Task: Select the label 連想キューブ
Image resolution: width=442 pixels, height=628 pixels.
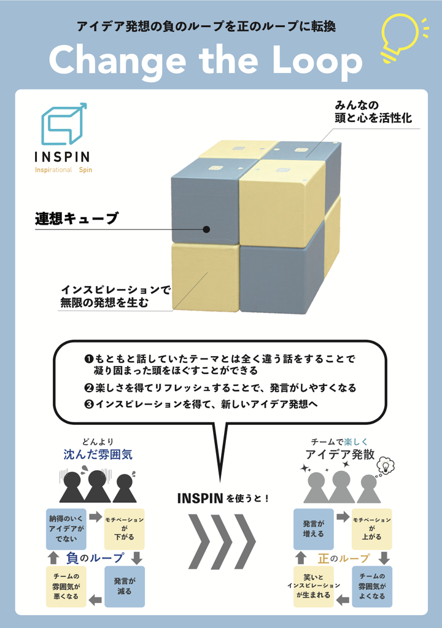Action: tap(76, 219)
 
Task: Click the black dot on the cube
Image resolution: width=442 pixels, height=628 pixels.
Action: tap(206, 229)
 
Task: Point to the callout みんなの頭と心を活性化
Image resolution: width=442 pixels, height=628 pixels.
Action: tap(373, 111)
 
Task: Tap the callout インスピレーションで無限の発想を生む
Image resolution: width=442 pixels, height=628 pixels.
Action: tap(114, 296)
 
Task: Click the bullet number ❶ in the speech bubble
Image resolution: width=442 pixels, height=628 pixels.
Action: tap(88, 359)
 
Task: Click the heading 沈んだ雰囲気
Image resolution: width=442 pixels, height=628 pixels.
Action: tap(98, 455)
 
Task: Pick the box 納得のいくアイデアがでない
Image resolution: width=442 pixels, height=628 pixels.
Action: tap(66, 529)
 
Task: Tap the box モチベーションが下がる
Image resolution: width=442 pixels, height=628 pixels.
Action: tap(124, 528)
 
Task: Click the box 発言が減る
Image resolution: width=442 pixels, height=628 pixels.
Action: tap(125, 586)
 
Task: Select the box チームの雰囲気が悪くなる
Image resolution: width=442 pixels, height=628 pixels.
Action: tap(66, 586)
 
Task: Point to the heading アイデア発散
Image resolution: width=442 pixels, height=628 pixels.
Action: tap(340, 455)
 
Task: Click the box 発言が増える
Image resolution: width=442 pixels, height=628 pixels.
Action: tap(314, 529)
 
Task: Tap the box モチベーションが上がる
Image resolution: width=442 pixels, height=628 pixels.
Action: tap(371, 529)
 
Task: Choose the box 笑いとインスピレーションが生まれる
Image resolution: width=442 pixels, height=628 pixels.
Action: tap(314, 586)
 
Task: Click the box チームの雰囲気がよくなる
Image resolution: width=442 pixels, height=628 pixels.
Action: tap(371, 586)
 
